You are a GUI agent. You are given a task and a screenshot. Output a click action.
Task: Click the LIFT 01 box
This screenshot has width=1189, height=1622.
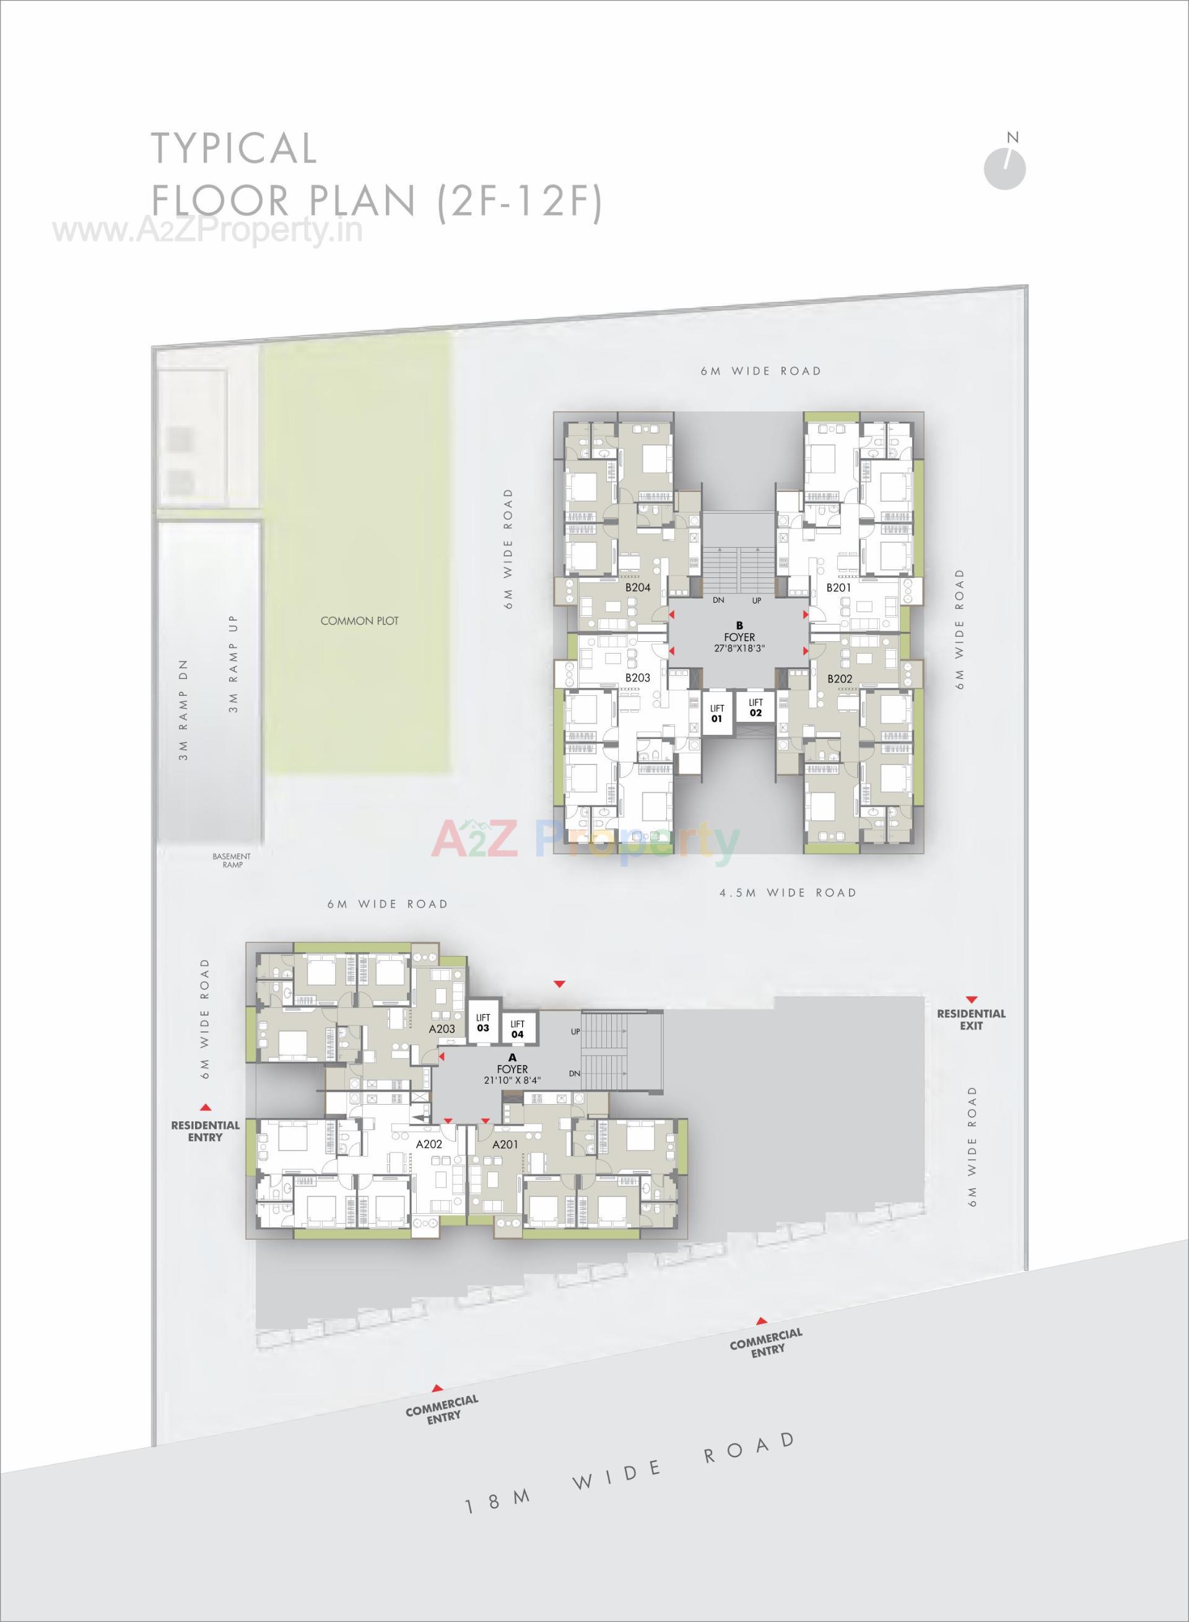(717, 712)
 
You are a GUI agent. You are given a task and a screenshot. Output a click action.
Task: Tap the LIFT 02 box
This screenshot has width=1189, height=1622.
(755, 707)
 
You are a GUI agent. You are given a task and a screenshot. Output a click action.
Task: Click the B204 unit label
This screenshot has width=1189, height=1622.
(638, 587)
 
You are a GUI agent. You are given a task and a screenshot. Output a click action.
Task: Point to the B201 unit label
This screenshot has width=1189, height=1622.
(838, 587)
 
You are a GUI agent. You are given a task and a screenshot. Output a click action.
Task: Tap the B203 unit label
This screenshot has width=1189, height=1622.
(638, 677)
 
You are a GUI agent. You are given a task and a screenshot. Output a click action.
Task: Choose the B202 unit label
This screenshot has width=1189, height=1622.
(839, 678)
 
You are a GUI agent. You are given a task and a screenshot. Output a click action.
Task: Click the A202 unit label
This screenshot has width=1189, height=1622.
(429, 1142)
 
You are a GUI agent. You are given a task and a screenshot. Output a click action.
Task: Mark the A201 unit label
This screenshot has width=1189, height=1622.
(505, 1144)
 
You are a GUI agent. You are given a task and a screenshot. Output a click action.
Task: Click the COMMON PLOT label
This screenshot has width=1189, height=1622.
(359, 621)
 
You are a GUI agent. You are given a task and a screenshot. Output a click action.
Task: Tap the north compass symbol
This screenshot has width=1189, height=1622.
(1004, 169)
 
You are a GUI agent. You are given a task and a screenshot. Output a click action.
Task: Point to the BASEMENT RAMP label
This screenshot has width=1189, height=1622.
(232, 861)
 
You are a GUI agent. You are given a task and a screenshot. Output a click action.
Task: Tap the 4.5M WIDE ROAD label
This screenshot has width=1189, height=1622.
(788, 893)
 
